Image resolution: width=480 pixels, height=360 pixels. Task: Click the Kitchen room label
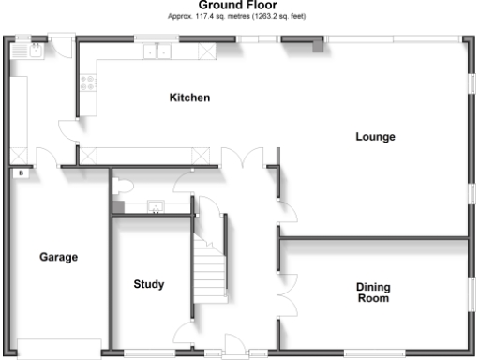pos(188,97)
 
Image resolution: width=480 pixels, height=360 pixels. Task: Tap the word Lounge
pos(375,137)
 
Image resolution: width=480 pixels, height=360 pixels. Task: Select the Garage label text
pos(58,257)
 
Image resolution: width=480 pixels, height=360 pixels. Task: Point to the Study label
pos(149,284)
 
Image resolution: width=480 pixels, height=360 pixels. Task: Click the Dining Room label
pos(373,292)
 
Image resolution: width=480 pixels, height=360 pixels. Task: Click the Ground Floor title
pos(237,5)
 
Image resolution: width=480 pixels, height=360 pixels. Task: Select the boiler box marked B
pos(19,173)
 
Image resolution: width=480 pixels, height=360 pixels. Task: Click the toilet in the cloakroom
pos(118,187)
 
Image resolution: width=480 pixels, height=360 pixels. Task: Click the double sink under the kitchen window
pos(156,52)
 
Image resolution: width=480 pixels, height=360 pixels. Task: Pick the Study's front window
pos(149,353)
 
